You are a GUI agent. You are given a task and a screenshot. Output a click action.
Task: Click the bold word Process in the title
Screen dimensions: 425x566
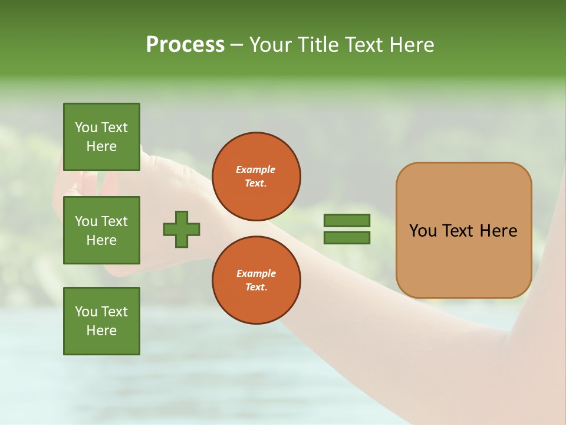[x=185, y=45]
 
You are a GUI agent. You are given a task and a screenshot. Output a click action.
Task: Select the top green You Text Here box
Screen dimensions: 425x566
[x=101, y=137]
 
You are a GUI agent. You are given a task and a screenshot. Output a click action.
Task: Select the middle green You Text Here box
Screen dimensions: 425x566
[x=101, y=230]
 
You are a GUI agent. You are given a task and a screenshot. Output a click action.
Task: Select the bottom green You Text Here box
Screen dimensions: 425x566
[x=101, y=321]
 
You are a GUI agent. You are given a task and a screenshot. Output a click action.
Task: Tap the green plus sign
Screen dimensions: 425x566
[x=182, y=229]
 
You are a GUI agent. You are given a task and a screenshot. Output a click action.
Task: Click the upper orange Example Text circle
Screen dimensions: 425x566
[x=256, y=176]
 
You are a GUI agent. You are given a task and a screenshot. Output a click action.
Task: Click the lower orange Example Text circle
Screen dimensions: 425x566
[x=256, y=280]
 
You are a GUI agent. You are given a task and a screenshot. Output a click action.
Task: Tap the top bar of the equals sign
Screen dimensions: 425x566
[x=347, y=220]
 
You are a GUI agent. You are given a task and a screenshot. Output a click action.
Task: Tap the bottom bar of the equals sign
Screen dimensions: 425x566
[x=347, y=238]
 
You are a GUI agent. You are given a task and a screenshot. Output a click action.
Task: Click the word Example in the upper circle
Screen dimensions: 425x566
[x=256, y=169]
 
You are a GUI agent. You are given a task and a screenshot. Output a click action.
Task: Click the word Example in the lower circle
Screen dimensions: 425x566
[x=256, y=273]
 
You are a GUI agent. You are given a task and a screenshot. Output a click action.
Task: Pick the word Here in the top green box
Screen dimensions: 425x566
[x=101, y=146]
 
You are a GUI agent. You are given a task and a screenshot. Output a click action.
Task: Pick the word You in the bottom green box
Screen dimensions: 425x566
[x=85, y=312]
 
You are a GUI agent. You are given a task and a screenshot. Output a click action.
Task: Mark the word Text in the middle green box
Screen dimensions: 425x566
[x=114, y=221]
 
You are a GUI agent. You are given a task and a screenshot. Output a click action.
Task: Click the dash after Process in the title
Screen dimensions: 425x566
[x=236, y=45]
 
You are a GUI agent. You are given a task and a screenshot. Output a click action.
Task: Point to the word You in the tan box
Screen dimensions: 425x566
[x=423, y=231]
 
